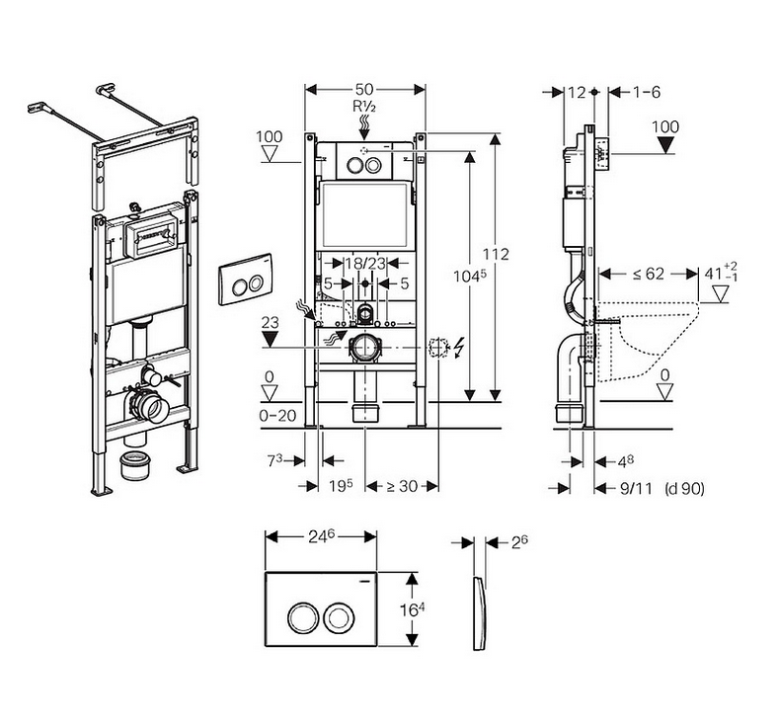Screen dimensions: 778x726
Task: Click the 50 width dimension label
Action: pos(364,89)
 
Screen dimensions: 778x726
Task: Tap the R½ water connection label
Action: pos(364,107)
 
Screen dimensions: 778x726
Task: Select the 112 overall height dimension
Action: pos(496,254)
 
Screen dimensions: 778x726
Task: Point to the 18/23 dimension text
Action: pos(365,262)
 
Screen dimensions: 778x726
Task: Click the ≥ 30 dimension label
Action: pos(402,486)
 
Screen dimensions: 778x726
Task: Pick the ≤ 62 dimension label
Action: pos(649,274)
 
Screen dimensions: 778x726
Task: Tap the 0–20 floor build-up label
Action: pos(277,416)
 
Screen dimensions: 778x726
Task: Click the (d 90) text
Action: pos(684,489)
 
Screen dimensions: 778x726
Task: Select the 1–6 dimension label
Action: pos(647,92)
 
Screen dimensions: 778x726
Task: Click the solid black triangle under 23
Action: pos(270,340)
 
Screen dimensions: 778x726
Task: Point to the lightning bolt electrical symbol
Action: pos(460,347)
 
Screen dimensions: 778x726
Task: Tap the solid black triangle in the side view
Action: pos(664,145)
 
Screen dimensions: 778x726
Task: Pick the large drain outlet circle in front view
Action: pos(365,348)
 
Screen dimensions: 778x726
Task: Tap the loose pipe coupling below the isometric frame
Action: pos(135,465)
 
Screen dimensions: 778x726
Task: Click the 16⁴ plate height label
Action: pos(413,609)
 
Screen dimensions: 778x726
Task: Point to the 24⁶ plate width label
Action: pos(322,536)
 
